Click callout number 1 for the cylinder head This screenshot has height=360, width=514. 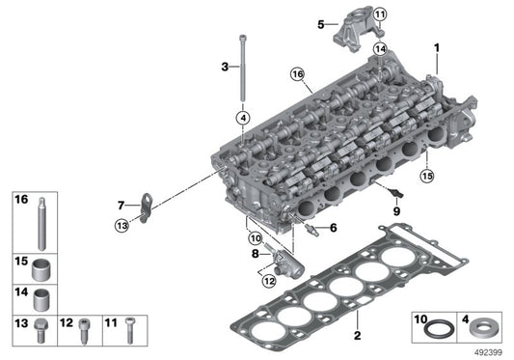tap(435, 47)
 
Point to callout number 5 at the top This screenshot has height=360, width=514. tap(321, 24)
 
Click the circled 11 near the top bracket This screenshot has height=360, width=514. tap(379, 14)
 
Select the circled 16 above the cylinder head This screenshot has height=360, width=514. tap(297, 74)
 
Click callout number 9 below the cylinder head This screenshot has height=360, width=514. tap(395, 210)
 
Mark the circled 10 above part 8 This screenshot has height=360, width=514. tap(256, 237)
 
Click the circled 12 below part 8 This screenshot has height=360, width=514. tap(267, 281)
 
